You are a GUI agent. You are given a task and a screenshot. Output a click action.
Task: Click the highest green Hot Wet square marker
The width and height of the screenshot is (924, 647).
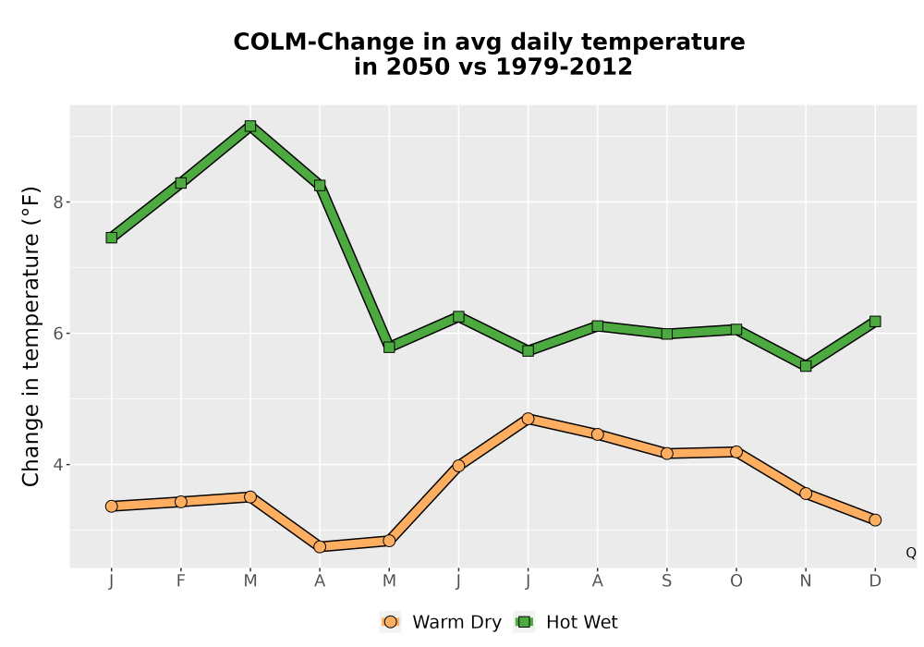pos(250,126)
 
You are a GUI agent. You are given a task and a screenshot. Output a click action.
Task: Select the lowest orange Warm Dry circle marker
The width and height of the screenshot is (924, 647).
pos(320,547)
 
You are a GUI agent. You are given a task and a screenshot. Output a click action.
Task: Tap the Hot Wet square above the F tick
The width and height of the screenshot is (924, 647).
pos(181,183)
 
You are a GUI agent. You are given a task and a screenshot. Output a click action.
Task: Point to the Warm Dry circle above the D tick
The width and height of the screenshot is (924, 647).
pos(875,519)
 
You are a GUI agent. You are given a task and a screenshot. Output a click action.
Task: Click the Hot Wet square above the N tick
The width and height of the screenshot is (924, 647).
pos(806,366)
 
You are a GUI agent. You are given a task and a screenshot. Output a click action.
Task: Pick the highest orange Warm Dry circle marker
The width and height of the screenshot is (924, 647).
pos(528,419)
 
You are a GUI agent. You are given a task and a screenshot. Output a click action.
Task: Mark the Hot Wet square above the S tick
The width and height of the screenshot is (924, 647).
pos(667,334)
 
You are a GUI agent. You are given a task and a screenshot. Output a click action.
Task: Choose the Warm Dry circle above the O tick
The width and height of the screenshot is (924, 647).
pos(736,452)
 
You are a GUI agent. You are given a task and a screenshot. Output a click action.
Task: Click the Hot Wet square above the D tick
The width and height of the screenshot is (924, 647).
pos(875,321)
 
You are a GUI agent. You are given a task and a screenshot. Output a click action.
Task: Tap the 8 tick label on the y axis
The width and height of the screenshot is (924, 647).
pos(58,202)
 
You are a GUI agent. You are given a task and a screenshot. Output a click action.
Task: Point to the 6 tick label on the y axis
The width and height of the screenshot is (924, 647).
pos(58,334)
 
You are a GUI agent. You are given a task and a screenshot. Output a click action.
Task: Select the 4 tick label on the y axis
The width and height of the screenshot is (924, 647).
pos(58,465)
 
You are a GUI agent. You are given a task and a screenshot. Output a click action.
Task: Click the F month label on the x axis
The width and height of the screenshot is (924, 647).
pos(181,581)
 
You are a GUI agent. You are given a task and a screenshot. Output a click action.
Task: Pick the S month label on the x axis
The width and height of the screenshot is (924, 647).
pos(667,581)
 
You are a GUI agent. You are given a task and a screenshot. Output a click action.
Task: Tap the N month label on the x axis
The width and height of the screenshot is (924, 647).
pos(806,581)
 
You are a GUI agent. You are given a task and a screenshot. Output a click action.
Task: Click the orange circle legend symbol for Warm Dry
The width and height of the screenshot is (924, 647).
pos(390,622)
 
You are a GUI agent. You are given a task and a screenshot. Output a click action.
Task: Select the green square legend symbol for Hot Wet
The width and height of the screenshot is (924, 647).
pos(524,622)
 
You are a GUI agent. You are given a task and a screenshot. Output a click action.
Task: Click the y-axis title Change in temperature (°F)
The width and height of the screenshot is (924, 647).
pos(30,336)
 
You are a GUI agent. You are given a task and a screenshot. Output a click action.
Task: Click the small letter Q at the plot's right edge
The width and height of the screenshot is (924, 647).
pos(911,553)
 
